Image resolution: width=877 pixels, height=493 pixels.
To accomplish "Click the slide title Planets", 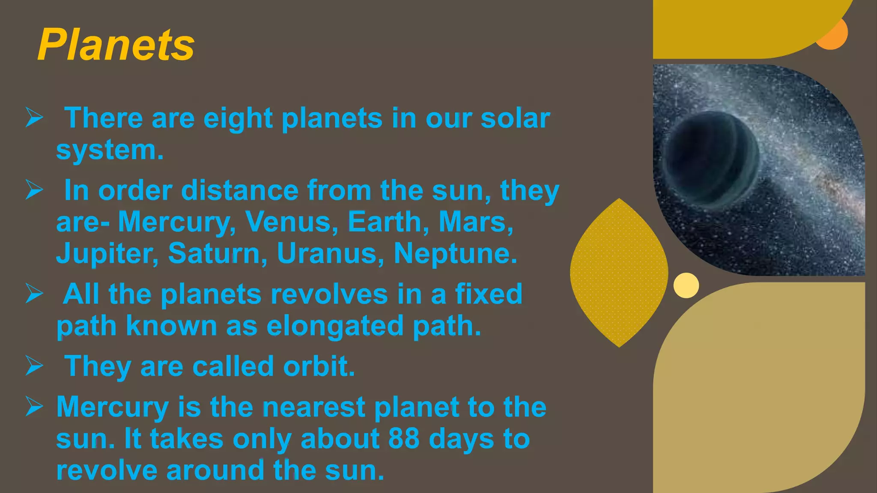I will coord(116,45).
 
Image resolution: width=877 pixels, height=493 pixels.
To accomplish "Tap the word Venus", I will coord(291,222).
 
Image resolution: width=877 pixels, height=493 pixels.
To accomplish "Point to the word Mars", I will coord(475,222).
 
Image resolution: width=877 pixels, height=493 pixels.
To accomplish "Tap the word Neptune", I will coord(455,254).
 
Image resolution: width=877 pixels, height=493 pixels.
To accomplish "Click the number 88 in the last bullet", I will coord(404,439).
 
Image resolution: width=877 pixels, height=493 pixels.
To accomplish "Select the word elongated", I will coord(335,326).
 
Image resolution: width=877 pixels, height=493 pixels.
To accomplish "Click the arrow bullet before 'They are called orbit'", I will coord(34,366).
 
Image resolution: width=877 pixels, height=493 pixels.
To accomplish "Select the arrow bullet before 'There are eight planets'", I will coord(34,118).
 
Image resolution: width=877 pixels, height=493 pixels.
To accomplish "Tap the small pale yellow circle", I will coord(686,285).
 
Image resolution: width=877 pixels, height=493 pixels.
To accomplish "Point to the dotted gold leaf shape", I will coord(619,273).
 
